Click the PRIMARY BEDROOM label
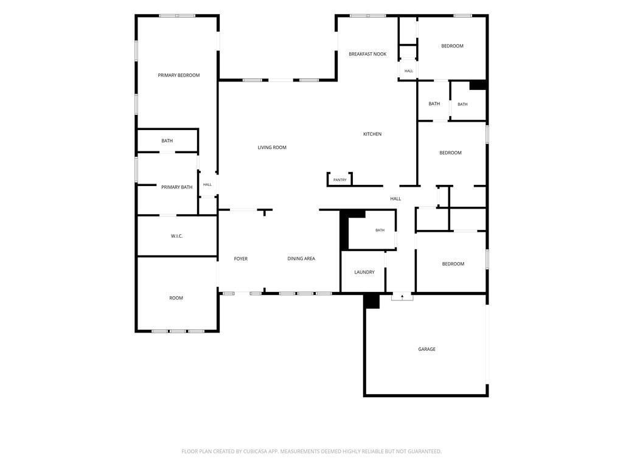tap(179, 75)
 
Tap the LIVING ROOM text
tap(272, 147)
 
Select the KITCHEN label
tap(372, 134)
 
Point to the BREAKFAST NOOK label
tap(367, 54)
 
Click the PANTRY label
tap(339, 180)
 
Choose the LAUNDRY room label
tap(364, 272)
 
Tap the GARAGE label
tap(426, 349)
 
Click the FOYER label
tap(241, 258)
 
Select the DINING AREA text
tap(301, 258)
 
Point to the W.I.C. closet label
tap(177, 236)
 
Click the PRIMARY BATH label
tap(177, 187)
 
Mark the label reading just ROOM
tap(176, 298)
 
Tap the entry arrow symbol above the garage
tap(402, 296)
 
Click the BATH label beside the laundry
tap(380, 230)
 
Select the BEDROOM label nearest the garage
tap(453, 264)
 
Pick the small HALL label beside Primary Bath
tap(207, 185)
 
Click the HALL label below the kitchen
tap(395, 199)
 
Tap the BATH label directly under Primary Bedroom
tap(167, 140)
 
